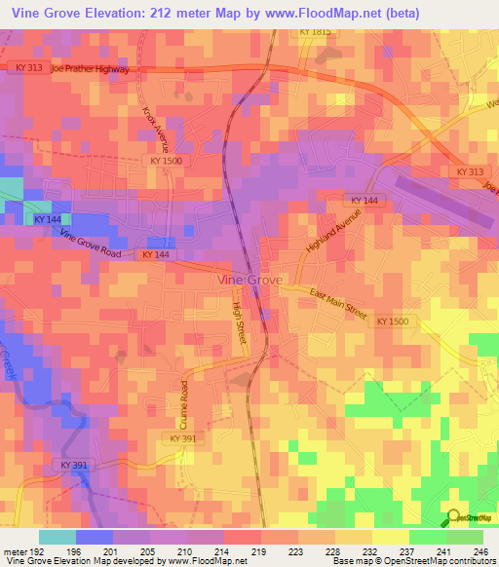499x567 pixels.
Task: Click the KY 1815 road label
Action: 315,32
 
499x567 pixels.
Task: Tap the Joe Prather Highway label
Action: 90,70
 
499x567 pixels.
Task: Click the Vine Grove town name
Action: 249,280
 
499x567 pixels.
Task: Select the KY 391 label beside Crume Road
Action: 182,439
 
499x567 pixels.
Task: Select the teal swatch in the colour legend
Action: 58,537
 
